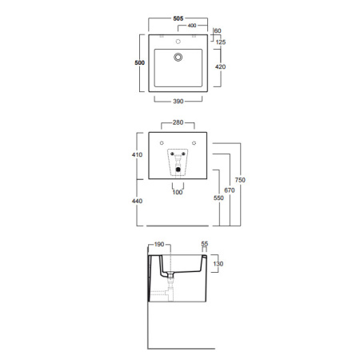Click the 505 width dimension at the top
pos(178,18)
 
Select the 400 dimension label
pos(192,26)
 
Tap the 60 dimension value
pos(218,30)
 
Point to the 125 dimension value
pos(221,42)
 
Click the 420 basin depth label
pos(220,66)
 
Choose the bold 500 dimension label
pos(140,62)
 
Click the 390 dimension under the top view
pos(178,101)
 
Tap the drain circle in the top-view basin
pos(178,57)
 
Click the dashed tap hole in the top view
pos(178,42)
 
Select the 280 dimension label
pos(178,122)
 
